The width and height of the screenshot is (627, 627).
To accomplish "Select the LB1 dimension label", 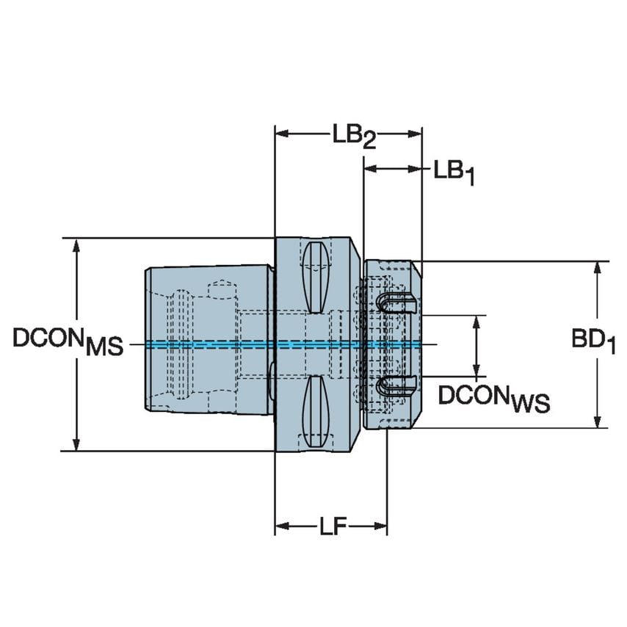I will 453,173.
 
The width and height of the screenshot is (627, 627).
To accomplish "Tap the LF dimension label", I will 333,527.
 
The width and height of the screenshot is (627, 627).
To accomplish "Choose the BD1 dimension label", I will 592,341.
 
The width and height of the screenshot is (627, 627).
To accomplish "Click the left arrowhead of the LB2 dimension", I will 281,134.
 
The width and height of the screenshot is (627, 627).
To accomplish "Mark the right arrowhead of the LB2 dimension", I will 416,134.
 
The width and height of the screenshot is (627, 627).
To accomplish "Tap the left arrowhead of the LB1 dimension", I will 370,170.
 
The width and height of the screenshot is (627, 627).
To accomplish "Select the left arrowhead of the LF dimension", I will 281,526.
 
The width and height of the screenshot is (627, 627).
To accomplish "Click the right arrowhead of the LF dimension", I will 380,526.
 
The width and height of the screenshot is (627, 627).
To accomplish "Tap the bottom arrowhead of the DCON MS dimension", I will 76,443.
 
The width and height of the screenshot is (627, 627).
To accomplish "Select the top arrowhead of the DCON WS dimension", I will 479,322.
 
